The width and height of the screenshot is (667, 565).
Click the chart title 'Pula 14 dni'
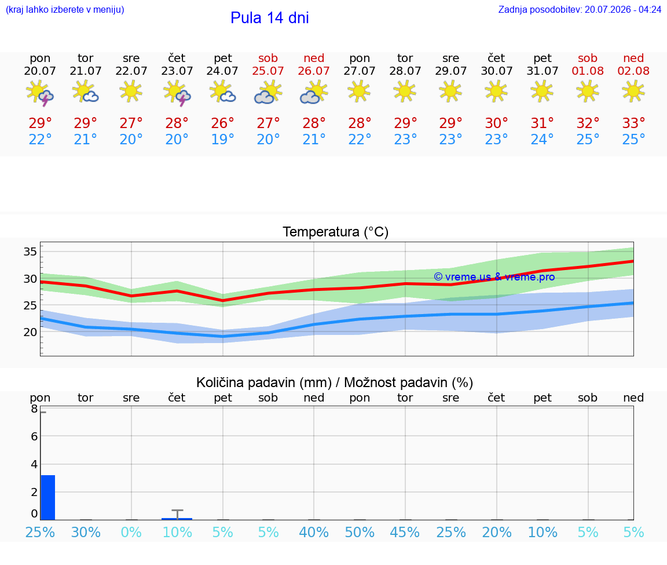pyautogui.click(x=270, y=18)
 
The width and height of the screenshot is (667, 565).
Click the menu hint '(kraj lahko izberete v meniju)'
pyautogui.click(x=65, y=9)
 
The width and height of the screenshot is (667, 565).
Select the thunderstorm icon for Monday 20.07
pyautogui.click(x=40, y=92)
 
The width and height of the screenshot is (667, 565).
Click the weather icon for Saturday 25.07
pyautogui.click(x=268, y=92)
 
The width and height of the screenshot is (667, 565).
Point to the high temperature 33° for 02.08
pyautogui.click(x=633, y=123)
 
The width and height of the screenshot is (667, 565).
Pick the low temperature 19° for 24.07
pyautogui.click(x=222, y=139)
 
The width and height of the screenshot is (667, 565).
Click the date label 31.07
pyautogui.click(x=543, y=71)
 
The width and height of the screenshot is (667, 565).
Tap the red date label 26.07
pyautogui.click(x=314, y=71)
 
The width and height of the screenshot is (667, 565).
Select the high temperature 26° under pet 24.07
pyautogui.click(x=222, y=123)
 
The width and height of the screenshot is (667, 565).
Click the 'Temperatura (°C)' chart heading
pyautogui.click(x=336, y=232)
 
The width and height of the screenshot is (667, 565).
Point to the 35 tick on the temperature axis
pyautogui.click(x=30, y=251)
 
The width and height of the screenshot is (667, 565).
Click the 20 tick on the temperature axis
pyautogui.click(x=30, y=332)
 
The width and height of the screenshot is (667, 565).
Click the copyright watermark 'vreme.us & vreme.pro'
pyautogui.click(x=494, y=277)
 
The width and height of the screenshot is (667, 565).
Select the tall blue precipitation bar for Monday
pyautogui.click(x=48, y=497)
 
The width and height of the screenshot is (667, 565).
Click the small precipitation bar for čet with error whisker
pyautogui.click(x=177, y=519)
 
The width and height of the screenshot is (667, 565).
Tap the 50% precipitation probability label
pyautogui.click(x=360, y=532)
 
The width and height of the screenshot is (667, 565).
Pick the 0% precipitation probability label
pyautogui.click(x=131, y=532)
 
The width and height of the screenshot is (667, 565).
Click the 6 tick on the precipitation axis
pyautogui.click(x=35, y=436)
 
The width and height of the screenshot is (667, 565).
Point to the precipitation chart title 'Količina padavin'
pyautogui.click(x=264, y=382)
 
